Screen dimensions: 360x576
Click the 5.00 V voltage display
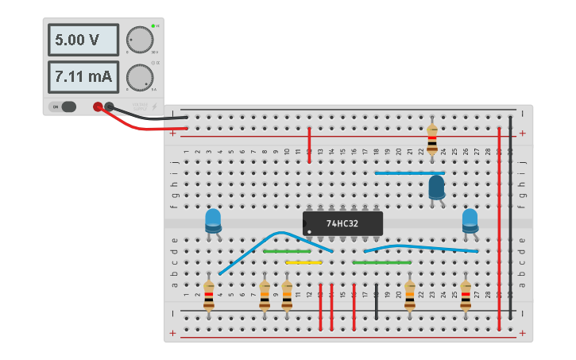coord(83,40)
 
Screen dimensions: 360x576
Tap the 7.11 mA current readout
coord(83,77)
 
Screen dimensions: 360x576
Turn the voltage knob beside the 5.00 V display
coord(139,40)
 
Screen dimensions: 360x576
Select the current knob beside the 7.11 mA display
coord(139,77)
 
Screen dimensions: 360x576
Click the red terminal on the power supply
coord(98,106)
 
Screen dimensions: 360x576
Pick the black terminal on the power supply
coord(110,106)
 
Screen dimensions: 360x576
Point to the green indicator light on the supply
coord(153,26)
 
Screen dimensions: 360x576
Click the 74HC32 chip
coord(342,223)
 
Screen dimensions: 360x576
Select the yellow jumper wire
coord(303,262)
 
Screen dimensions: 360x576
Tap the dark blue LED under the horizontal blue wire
coord(436,188)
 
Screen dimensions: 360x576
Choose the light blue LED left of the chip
coord(213,220)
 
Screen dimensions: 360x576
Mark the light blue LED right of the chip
coord(470,220)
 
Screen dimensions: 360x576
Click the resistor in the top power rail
coord(431,139)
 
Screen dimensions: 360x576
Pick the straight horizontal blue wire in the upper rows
coord(409,172)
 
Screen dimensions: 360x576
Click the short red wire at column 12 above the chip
coord(309,145)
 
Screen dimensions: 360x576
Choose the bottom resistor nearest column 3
coord(209,296)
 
